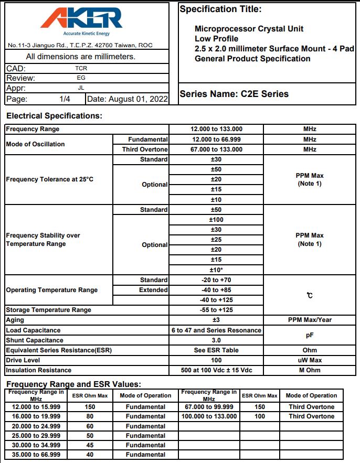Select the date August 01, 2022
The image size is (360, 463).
128,99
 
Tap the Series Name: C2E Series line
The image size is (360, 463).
234,94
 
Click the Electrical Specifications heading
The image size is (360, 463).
55,116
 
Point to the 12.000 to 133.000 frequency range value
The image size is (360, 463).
216,129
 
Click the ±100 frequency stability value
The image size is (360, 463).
216,220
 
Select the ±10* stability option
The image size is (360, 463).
216,270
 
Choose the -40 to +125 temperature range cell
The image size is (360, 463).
216,300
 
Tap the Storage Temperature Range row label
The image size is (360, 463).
49,310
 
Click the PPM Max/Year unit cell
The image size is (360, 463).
310,320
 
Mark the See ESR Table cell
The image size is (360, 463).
216,350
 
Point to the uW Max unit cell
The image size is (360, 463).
310,360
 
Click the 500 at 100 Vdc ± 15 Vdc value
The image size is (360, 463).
216,370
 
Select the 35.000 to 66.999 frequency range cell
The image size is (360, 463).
36,455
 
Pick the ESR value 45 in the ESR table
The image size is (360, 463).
90,445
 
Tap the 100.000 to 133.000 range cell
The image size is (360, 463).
209,416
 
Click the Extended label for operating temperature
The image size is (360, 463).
153,290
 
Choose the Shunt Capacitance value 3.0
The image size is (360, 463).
216,340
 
